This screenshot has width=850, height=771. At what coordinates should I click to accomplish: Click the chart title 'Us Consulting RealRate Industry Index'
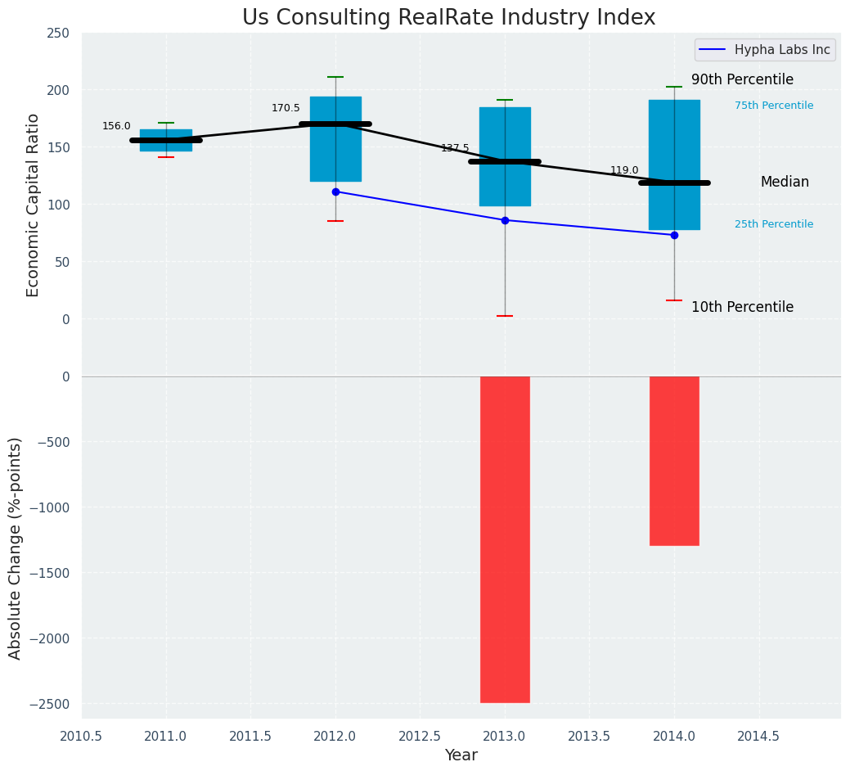[448, 18]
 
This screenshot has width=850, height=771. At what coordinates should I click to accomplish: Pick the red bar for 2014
[674, 460]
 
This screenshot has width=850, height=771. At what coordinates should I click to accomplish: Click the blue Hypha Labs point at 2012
[335, 192]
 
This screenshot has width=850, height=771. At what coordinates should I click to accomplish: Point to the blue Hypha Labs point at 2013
[505, 220]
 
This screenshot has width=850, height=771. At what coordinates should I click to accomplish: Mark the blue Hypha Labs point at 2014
[674, 235]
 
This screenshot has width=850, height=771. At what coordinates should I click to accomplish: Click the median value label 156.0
[116, 126]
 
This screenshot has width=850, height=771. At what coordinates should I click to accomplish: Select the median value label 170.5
[286, 108]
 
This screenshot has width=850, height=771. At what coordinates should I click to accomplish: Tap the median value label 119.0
[624, 170]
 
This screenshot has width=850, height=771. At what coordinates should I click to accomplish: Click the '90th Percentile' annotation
[742, 79]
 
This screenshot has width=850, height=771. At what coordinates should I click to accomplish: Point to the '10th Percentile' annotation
[742, 307]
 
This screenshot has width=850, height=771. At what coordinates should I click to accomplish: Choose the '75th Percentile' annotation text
[774, 106]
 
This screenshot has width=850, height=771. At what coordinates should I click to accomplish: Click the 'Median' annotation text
[785, 182]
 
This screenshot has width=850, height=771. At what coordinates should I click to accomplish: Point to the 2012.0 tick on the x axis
[335, 736]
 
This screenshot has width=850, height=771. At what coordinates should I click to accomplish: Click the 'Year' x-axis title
[461, 755]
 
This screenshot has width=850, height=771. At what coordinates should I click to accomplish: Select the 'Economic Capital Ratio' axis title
[34, 205]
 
